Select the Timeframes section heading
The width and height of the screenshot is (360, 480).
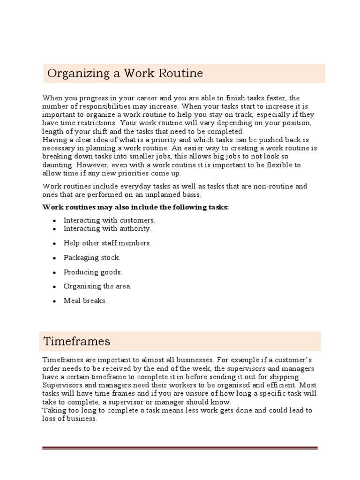click(76, 341)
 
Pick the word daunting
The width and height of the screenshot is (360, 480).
click(58, 165)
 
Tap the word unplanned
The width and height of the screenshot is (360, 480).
click(175, 194)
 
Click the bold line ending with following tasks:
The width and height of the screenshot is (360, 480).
click(136, 207)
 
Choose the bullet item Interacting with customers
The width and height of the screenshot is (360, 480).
click(109, 220)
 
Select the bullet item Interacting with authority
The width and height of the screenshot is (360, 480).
click(107, 229)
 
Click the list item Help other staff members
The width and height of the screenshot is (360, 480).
click(107, 243)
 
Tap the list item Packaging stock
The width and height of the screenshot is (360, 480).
click(92, 258)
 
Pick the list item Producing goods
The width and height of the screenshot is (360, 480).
click(93, 272)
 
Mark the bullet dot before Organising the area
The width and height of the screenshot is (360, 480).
click(55, 287)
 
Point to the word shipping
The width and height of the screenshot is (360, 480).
click(286, 377)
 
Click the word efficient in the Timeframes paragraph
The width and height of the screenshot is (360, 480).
click(262, 385)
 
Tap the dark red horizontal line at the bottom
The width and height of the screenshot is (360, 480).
click(180, 448)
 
